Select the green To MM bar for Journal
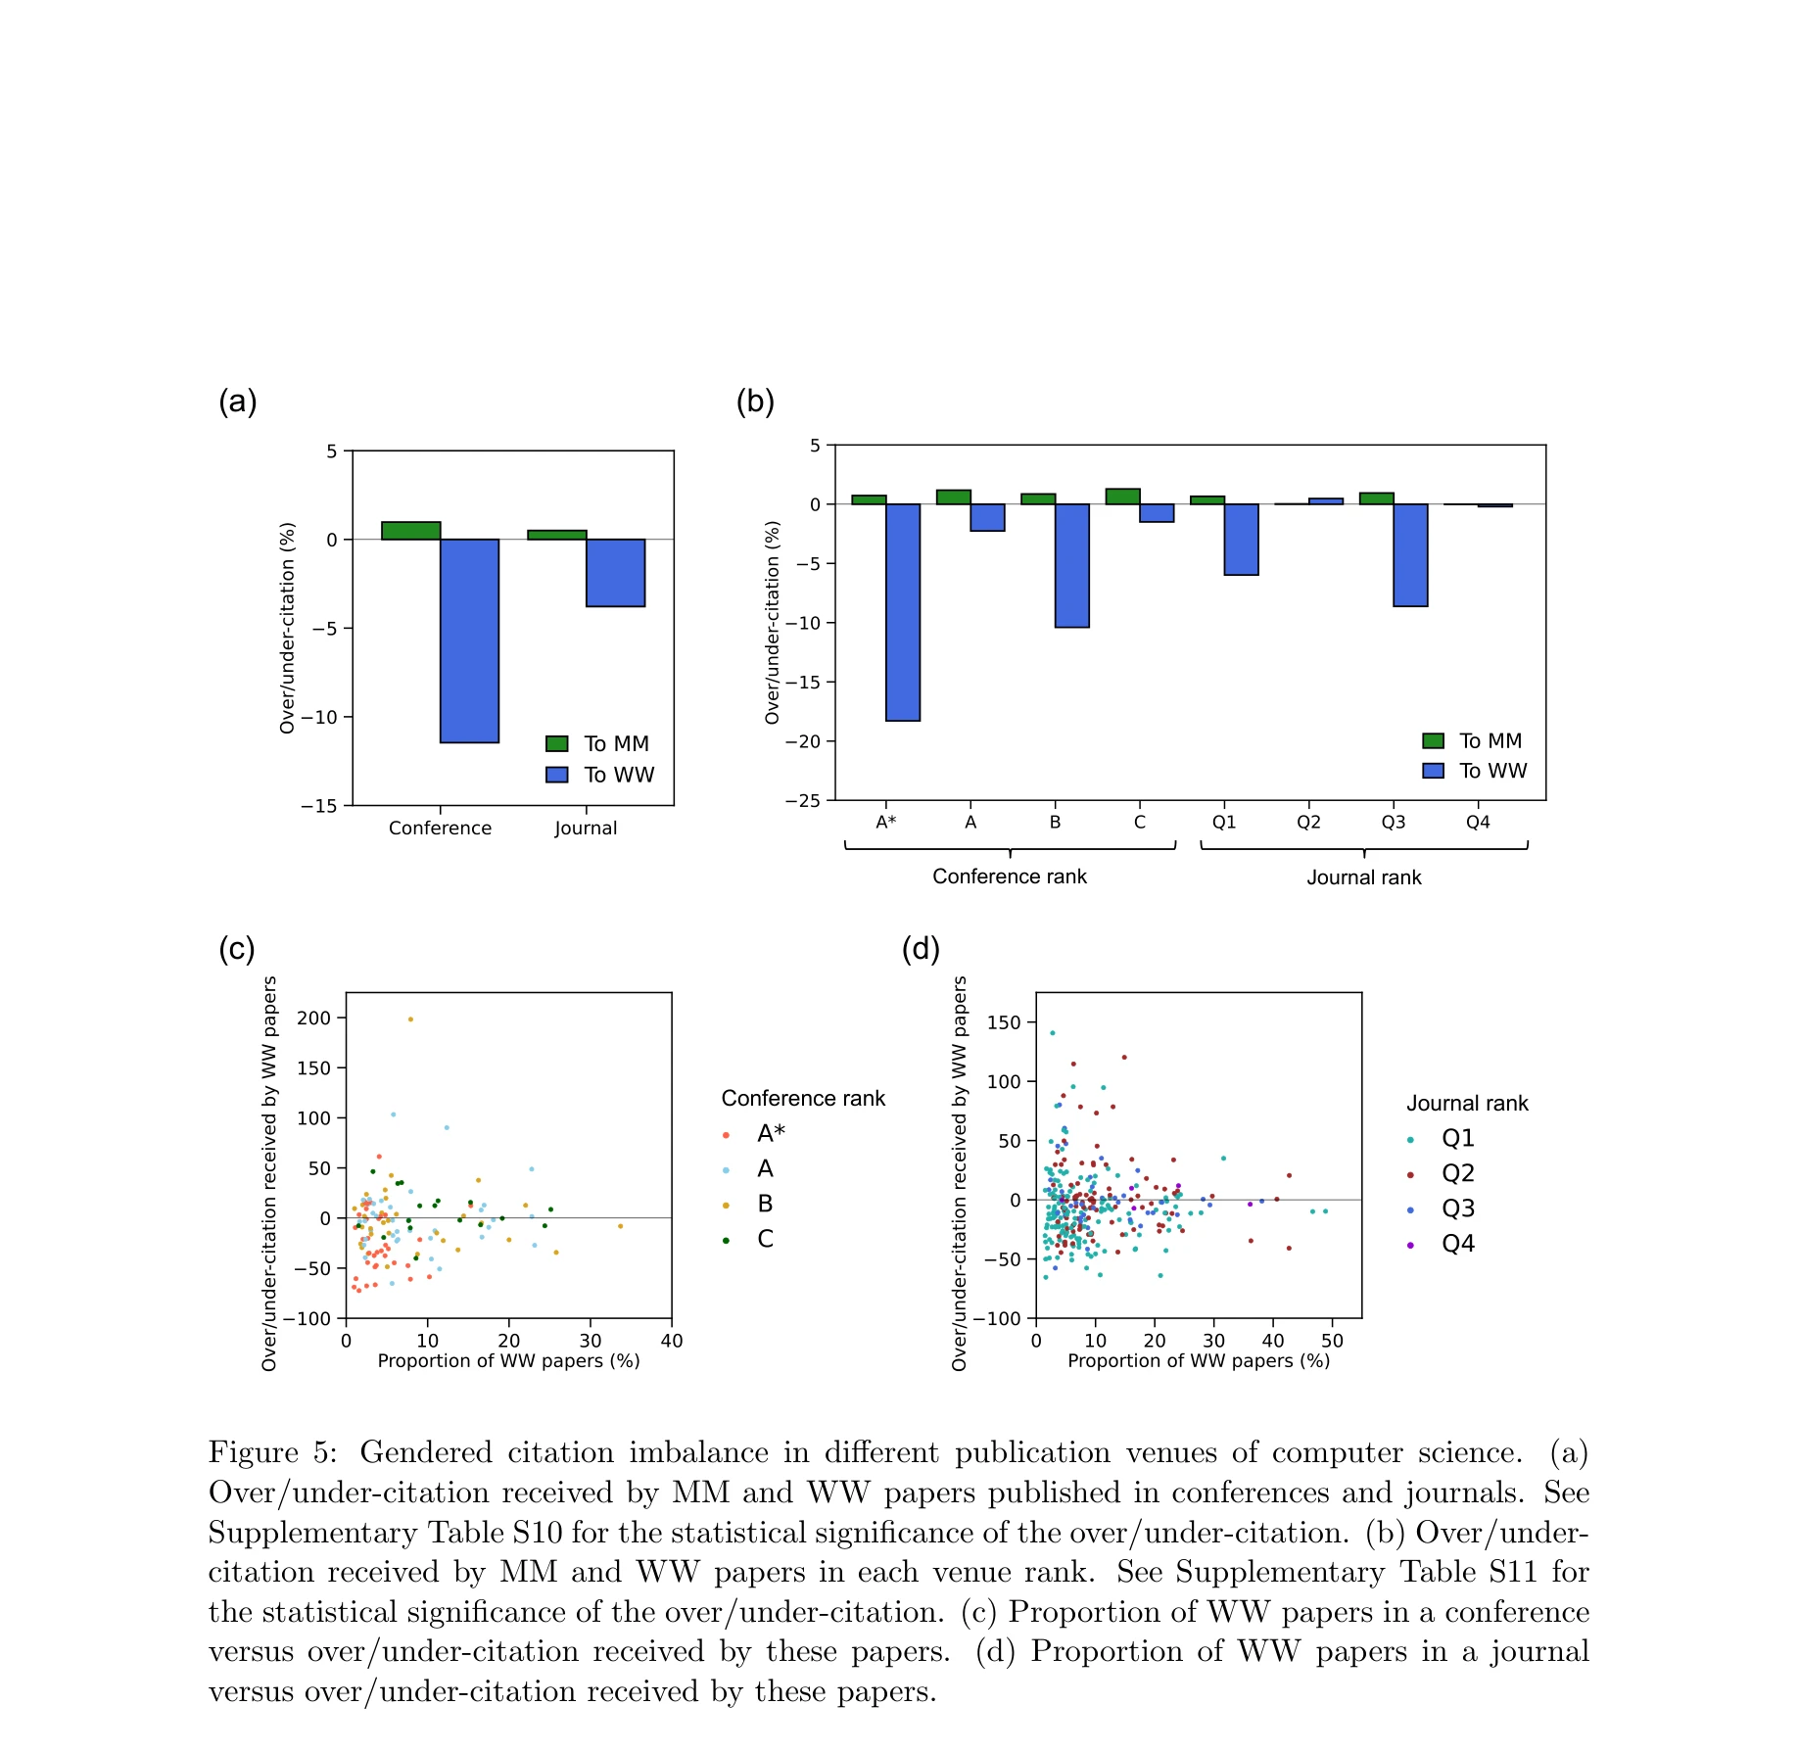pyautogui.click(x=556, y=535)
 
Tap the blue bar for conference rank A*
pyautogui.click(x=902, y=612)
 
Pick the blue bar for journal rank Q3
pyautogui.click(x=1410, y=554)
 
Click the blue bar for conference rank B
pyautogui.click(x=1071, y=565)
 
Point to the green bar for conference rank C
pyautogui.click(x=1122, y=497)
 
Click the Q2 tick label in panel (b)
pyautogui.click(x=1308, y=823)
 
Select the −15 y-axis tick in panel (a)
pyautogui.click(x=319, y=806)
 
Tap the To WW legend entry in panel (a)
pyautogui.click(x=600, y=775)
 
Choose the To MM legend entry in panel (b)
pyautogui.click(x=1473, y=741)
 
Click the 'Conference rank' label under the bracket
pyautogui.click(x=1009, y=876)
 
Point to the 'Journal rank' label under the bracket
pyautogui.click(x=1363, y=877)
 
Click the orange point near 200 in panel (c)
pyautogui.click(x=410, y=1019)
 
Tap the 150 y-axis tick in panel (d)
pyautogui.click(x=1004, y=1022)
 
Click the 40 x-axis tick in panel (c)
pyautogui.click(x=672, y=1341)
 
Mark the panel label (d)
pyautogui.click(x=920, y=949)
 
